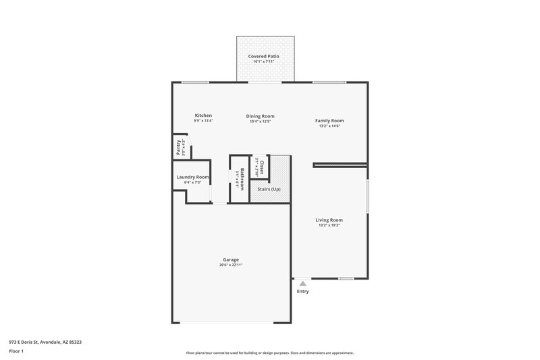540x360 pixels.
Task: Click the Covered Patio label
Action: (263, 56)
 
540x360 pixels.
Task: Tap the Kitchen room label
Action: (203, 115)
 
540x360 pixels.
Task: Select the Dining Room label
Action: (260, 116)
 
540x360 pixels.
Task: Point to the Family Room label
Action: (329, 120)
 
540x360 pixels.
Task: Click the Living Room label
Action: (329, 220)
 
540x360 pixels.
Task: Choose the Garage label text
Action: (231, 259)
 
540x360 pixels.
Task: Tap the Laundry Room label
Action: (192, 177)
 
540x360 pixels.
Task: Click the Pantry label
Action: (178, 147)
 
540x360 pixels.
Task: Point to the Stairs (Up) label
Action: (270, 189)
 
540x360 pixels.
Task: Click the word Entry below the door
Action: (302, 291)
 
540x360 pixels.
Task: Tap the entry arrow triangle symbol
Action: (302, 283)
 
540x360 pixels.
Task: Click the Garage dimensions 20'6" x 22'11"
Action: (231, 265)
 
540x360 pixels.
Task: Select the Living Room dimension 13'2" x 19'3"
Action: (329, 225)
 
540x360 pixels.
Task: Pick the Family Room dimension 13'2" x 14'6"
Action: (329, 126)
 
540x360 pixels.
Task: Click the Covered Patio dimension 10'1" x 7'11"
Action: (263, 61)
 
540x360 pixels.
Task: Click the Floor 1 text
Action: (17, 352)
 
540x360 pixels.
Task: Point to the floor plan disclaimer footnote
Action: (269, 353)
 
